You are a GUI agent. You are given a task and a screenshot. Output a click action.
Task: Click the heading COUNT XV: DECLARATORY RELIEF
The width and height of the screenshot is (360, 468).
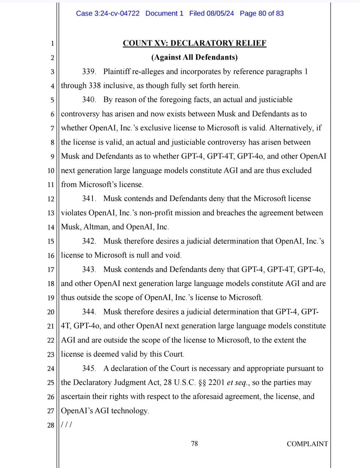coord(194,43)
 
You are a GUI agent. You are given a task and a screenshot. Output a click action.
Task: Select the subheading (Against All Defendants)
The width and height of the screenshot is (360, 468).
coord(194,57)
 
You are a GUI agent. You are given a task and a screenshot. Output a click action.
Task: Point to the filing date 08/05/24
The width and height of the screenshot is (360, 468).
coord(220,14)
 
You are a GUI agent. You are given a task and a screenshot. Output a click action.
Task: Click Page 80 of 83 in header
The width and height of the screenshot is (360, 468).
coord(262,14)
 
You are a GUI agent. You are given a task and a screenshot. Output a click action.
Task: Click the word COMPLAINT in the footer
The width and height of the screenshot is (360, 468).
coord(307,444)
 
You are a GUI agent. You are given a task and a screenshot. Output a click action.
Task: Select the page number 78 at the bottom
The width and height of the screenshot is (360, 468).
coord(194,444)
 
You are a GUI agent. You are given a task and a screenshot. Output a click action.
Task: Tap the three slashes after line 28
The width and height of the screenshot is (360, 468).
coord(67,425)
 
